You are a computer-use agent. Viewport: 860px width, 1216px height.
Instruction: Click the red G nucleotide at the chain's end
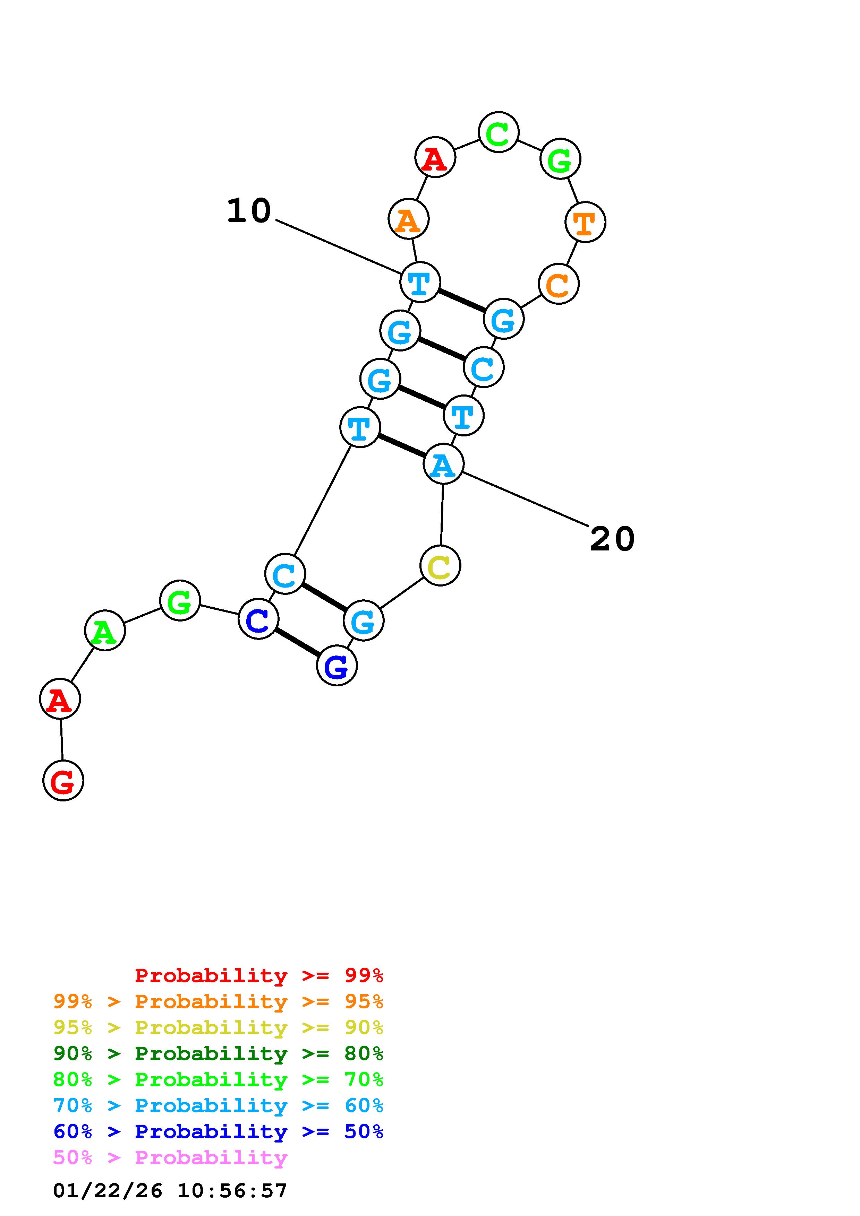(x=63, y=781)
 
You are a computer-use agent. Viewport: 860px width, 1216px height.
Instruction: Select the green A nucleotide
(x=105, y=630)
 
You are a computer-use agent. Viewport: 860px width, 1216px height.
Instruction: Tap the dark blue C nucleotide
(x=258, y=619)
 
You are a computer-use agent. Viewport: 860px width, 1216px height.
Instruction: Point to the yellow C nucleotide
(x=440, y=566)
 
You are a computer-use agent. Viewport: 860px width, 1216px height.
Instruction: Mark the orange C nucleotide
(x=559, y=284)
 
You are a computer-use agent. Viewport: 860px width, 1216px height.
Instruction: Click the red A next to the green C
(x=435, y=157)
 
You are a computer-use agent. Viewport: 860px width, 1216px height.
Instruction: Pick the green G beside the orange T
(x=560, y=158)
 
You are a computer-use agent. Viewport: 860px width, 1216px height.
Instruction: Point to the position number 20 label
(x=612, y=539)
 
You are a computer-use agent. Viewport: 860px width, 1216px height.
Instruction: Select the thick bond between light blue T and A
(x=402, y=446)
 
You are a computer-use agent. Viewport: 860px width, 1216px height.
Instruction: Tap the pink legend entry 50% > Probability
(x=170, y=1158)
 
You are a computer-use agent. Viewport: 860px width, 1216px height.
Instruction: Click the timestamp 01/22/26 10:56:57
(x=170, y=1191)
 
